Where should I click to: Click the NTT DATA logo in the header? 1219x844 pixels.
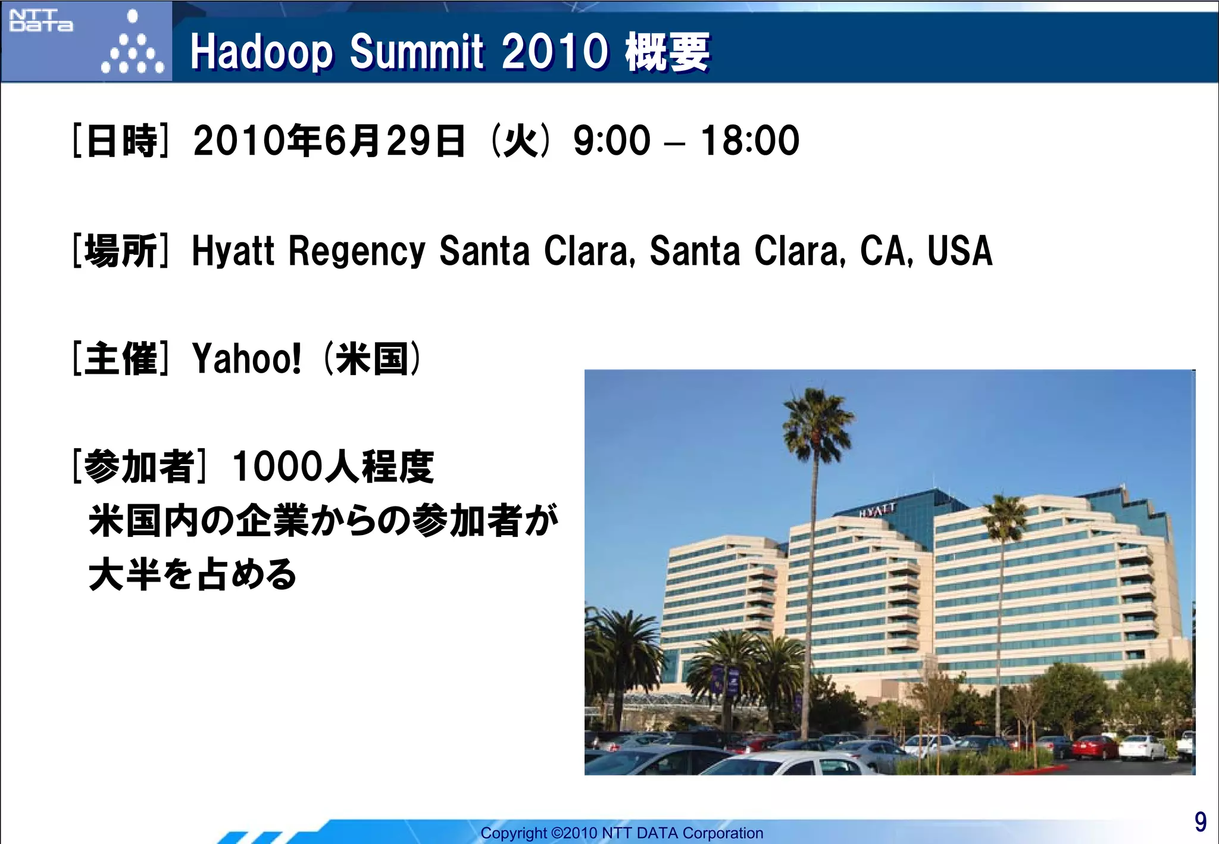[40, 21]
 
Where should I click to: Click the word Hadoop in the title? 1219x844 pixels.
[261, 52]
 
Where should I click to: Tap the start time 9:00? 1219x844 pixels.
[612, 142]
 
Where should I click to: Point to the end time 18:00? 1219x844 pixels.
[750, 142]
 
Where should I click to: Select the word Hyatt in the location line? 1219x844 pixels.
[233, 251]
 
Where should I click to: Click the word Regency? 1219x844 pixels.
[357, 251]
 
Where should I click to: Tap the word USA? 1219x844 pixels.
[959, 251]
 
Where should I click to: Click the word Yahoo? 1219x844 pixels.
[246, 359]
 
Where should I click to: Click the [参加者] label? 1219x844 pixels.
[139, 467]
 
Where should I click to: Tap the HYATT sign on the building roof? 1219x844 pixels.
[877, 510]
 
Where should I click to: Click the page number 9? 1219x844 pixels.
[1200, 822]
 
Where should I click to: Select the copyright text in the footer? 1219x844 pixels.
[621, 833]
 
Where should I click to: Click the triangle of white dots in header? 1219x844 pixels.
[133, 48]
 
